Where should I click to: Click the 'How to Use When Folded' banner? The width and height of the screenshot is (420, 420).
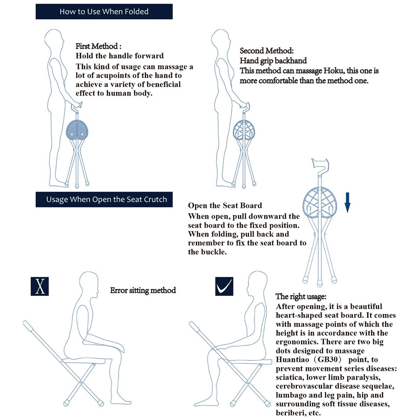tap(104, 12)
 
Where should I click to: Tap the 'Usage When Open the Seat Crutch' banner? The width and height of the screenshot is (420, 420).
tap(104, 199)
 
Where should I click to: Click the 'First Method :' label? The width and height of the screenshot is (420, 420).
tap(98, 46)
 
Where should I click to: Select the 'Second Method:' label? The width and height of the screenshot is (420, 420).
tap(266, 51)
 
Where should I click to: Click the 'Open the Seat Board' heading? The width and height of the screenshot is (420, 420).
tap(225, 205)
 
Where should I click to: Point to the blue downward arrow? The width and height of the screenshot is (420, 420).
tap(347, 202)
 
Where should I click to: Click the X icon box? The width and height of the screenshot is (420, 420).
tap(40, 286)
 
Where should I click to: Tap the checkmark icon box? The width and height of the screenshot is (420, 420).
tap(224, 286)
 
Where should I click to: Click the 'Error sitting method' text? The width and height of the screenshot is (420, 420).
tap(143, 290)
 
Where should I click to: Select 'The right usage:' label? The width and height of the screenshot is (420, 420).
tap(301, 296)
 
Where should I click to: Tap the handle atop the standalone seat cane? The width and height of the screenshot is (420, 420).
tap(320, 163)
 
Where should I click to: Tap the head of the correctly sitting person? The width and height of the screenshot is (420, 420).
tap(256, 283)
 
